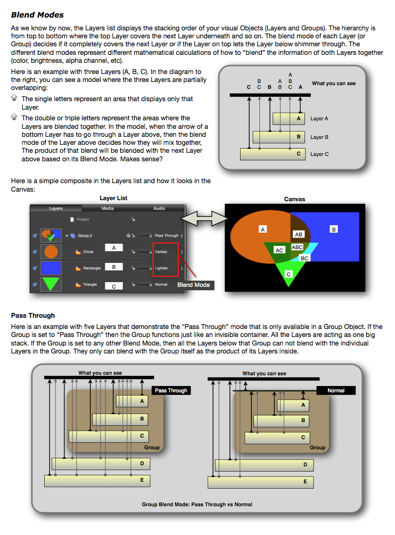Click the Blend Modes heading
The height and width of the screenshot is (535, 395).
[x=37, y=15]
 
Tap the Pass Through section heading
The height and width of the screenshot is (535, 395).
[x=33, y=316]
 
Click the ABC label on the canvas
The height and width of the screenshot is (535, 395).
[x=297, y=247]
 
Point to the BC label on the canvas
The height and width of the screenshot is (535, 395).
[x=305, y=258]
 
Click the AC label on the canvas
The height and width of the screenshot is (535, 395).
[x=279, y=250]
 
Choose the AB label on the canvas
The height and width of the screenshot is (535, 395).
[x=298, y=234]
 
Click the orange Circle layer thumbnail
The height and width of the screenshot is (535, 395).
[x=52, y=252]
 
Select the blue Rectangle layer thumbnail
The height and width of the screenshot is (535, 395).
[x=52, y=268]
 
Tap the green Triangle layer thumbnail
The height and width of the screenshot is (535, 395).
[x=52, y=284]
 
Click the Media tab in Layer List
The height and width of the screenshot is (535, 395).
[x=108, y=208]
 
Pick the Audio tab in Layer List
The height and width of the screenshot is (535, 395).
[x=159, y=208]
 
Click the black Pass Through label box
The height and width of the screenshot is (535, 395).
[x=171, y=390]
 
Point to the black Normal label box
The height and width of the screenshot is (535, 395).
[x=336, y=390]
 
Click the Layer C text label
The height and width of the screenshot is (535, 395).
[x=320, y=154]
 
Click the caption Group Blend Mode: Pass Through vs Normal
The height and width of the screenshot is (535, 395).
[x=197, y=504]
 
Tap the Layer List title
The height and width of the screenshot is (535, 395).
[x=113, y=199]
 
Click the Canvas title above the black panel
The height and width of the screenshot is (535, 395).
[x=294, y=199]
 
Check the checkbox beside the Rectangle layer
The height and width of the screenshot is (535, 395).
[x=35, y=268]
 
